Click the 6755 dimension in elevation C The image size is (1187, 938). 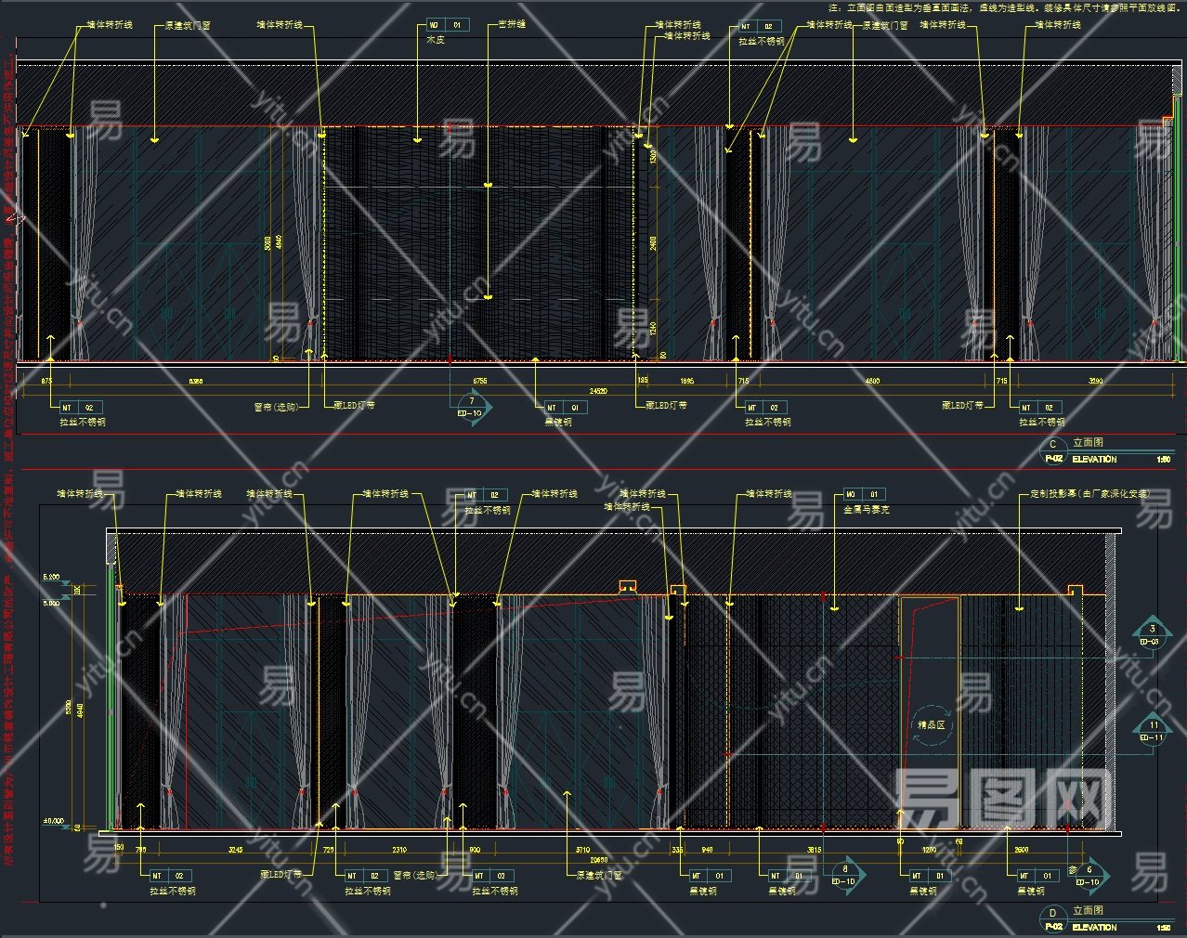click(480, 381)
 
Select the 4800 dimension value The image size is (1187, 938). click(872, 381)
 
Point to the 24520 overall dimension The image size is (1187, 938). click(596, 392)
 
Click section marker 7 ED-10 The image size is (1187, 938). click(472, 407)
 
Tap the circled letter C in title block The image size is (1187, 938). click(1053, 444)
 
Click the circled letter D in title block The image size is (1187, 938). click(1053, 912)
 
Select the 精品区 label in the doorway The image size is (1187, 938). click(931, 724)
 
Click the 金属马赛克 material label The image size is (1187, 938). click(867, 510)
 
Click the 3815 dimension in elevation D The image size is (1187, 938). click(814, 850)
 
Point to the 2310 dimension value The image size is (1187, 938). click(399, 850)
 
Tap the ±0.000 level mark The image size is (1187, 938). click(53, 821)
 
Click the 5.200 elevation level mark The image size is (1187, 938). click(50, 578)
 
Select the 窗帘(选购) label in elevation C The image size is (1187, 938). click(277, 407)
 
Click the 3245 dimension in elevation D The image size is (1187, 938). click(235, 850)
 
